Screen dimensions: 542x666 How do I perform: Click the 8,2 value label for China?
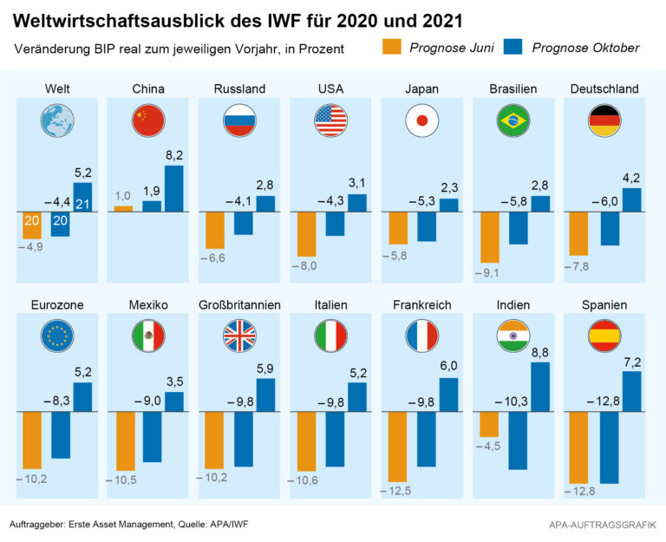[173, 155]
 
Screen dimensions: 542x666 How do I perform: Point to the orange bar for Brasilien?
[490, 237]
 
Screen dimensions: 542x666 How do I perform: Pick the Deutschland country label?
[604, 88]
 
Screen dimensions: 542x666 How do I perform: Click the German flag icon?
[604, 121]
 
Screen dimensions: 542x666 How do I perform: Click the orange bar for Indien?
[490, 424]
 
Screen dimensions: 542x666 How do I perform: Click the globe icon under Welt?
[57, 121]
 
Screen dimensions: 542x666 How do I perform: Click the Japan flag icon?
[422, 121]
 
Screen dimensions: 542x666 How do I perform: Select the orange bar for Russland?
[215, 231]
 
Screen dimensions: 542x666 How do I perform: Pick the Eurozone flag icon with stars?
[57, 336]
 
